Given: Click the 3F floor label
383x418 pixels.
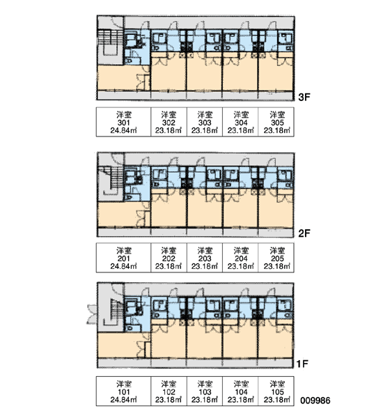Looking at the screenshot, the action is coord(304,97).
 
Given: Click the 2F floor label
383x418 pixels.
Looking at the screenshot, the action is coord(304,233).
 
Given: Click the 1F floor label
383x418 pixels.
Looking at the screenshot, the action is coord(302,364).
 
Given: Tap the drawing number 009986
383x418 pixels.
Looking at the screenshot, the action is coord(315,401).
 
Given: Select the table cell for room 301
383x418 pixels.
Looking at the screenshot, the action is coord(124,122).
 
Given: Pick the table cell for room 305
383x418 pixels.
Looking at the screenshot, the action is coord(276,122).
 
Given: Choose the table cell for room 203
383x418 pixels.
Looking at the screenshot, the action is coord(205,258).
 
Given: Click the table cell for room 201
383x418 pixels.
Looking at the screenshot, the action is coord(124,258).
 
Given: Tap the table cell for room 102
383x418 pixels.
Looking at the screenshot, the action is coord(169,392).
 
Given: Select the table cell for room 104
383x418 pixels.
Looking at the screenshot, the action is coord(240,392).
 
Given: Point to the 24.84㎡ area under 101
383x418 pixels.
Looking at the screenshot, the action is coord(124,400).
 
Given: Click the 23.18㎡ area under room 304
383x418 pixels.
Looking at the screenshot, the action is coord(241,131).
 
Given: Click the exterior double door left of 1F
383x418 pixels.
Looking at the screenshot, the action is coord(91,314).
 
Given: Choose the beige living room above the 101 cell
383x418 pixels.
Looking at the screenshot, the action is coord(121,345).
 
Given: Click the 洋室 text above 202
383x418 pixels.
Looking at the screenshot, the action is coord(169,251).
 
